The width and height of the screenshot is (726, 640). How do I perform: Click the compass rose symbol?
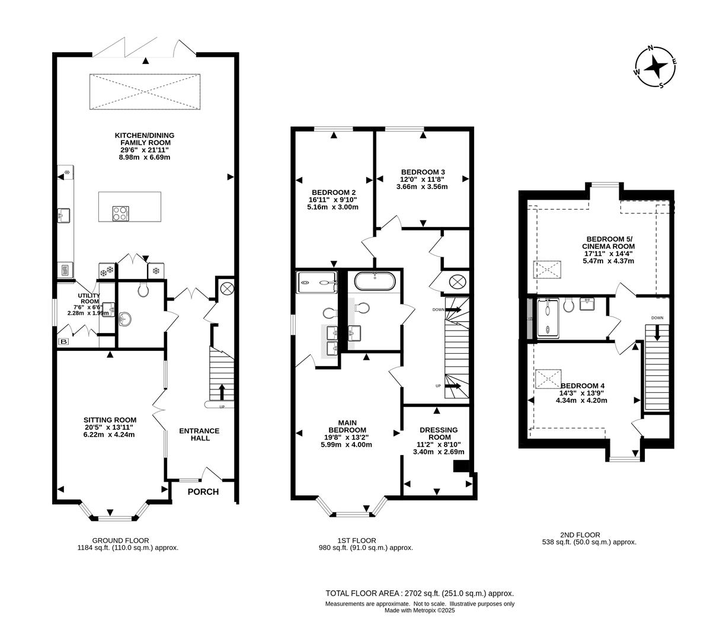coord(655,67)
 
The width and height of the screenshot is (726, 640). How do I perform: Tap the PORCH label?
coord(203,492)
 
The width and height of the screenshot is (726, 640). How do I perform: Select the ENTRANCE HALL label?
coord(199,434)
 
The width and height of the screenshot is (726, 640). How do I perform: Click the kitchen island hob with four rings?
coord(120,213)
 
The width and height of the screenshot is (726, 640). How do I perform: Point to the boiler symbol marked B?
coord(63,342)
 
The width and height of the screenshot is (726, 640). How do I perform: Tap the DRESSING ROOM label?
coord(439,434)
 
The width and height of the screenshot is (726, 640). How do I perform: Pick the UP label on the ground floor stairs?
coord(222,407)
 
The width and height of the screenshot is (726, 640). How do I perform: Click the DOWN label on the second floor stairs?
coord(657,318)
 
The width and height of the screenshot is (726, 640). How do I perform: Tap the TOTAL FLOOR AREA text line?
coord(420,593)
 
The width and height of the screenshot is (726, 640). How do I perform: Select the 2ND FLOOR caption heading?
coord(580,535)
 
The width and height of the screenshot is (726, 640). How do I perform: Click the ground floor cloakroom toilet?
coord(142,290)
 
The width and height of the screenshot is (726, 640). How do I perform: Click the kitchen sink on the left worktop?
coord(62,215)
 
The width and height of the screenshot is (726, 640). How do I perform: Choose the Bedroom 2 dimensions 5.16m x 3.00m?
coord(332,207)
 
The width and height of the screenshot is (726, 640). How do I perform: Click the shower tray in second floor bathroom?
coord(546,318)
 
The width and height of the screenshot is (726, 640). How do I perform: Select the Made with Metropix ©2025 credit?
coord(420,610)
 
